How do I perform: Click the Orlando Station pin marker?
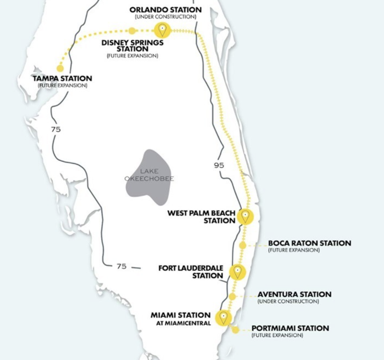click(163, 29)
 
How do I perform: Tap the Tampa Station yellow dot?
click(60, 68)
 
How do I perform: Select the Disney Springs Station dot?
click(132, 31)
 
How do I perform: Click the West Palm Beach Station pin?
click(245, 216)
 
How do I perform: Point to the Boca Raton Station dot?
click(242, 245)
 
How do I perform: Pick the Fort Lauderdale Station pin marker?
click(237, 272)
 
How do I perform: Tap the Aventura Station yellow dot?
click(232, 296)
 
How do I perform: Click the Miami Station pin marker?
click(223, 317)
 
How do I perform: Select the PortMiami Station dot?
click(235, 330)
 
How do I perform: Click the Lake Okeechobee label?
click(149, 175)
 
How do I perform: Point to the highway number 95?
click(219, 165)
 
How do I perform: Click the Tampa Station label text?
click(62, 79)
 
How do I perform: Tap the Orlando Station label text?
click(166, 9)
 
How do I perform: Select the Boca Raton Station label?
click(310, 243)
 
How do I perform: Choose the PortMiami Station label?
click(290, 328)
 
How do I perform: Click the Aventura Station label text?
click(294, 294)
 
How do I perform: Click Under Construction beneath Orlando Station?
click(166, 17)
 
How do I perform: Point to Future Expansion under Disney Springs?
click(132, 56)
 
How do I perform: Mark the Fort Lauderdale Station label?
click(190, 272)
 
